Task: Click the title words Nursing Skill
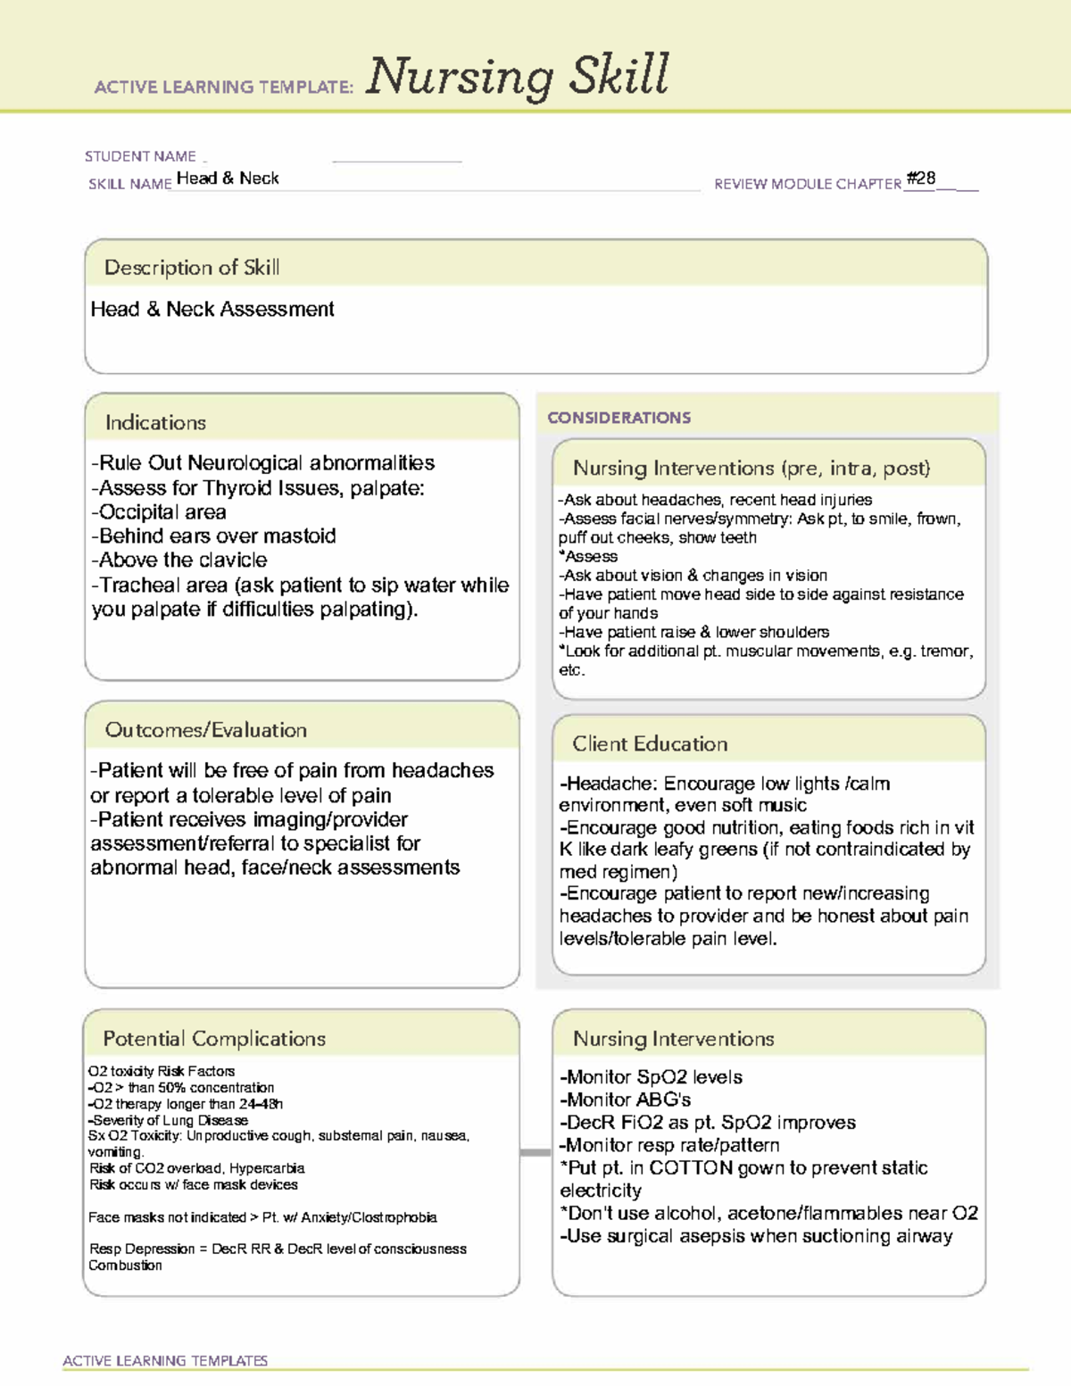click(x=517, y=76)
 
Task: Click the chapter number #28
click(x=920, y=178)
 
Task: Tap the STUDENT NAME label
click(x=140, y=156)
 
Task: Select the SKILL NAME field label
click(x=129, y=184)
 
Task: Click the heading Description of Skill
click(x=192, y=267)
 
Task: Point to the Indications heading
click(x=155, y=422)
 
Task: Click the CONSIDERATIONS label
click(x=619, y=418)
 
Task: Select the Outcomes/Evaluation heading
click(x=205, y=730)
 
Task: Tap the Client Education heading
click(x=650, y=743)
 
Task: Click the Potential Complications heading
click(x=214, y=1039)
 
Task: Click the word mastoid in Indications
click(x=301, y=535)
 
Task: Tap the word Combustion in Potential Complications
click(x=125, y=1266)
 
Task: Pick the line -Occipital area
click(x=159, y=511)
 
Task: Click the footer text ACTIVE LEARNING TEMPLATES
click(x=165, y=1360)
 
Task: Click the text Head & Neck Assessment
click(x=212, y=309)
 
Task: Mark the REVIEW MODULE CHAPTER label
click(x=807, y=184)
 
